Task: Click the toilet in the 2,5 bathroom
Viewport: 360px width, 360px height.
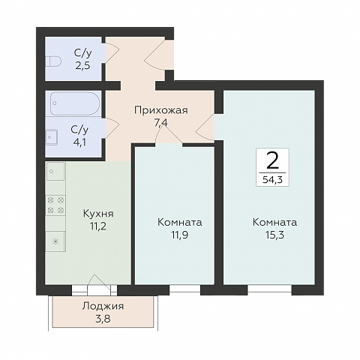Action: (x=53, y=61)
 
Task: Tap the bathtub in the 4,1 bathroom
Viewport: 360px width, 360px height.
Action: (x=75, y=103)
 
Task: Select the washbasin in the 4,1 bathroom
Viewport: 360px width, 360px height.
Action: (x=52, y=137)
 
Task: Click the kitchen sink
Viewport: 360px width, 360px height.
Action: (x=55, y=171)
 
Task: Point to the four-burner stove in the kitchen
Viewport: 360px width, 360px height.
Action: (x=55, y=205)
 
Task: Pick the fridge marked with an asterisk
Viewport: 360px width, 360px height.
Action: (x=55, y=241)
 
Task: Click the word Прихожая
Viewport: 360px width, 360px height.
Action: (x=161, y=110)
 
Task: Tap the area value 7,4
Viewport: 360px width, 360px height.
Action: (x=161, y=123)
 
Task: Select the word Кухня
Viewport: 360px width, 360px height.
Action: (x=98, y=214)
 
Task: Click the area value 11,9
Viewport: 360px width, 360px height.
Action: (x=179, y=235)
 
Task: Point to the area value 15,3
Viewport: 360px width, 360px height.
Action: (x=274, y=235)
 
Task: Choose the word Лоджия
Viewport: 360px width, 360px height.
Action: (x=103, y=306)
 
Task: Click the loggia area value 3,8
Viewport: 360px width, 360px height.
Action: (x=103, y=319)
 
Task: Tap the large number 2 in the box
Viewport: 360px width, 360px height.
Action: (x=272, y=160)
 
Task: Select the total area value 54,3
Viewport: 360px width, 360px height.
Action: (x=272, y=179)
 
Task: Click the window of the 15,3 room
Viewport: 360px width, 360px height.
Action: (x=270, y=289)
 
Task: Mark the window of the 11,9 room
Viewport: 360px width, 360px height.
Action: (x=185, y=289)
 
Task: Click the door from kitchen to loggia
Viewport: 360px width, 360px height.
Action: (x=99, y=286)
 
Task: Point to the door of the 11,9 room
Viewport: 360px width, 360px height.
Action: (x=169, y=134)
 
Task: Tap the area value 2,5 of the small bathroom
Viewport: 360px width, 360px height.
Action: (x=82, y=65)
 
